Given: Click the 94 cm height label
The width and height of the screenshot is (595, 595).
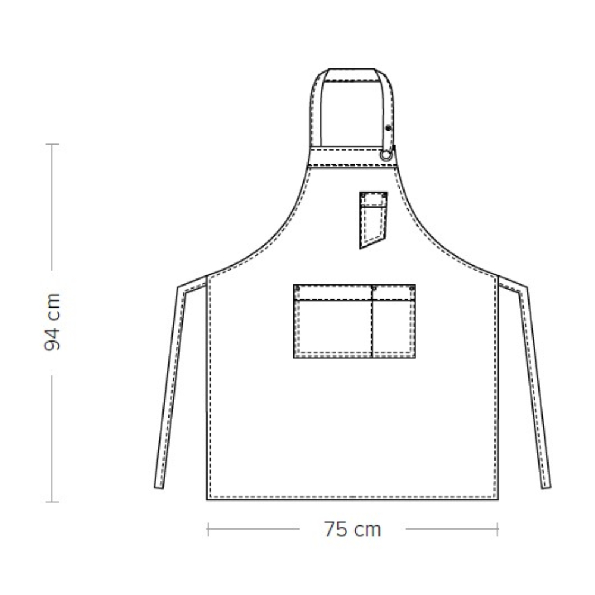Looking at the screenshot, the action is click(x=52, y=322).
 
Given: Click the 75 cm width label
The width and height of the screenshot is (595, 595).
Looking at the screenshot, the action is click(x=352, y=530).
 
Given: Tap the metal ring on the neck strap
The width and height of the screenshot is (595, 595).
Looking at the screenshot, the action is click(x=386, y=155).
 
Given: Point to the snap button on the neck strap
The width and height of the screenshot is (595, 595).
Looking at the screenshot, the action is click(x=388, y=129).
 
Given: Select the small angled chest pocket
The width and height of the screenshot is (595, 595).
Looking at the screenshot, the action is click(x=373, y=219).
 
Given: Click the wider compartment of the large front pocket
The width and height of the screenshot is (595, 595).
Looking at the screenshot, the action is click(x=333, y=321).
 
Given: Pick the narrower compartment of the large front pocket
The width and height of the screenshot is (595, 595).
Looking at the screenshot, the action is click(x=394, y=321).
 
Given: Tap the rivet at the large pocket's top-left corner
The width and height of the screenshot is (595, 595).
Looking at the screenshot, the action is click(x=297, y=289).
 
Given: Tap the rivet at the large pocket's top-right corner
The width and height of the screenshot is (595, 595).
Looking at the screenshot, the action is click(x=412, y=289).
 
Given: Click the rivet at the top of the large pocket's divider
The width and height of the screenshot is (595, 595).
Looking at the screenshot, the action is click(x=373, y=289).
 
